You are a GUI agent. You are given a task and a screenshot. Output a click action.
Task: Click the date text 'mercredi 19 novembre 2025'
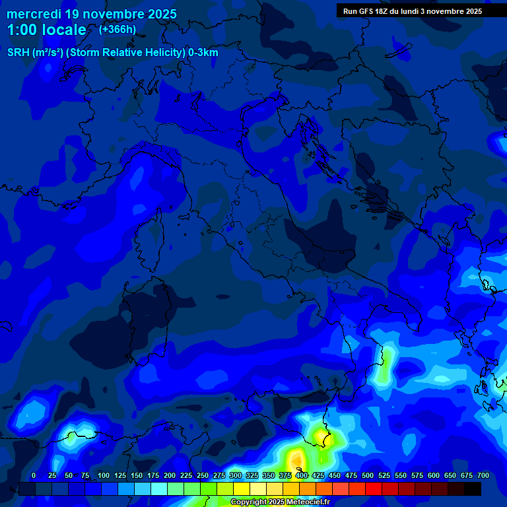[91, 14]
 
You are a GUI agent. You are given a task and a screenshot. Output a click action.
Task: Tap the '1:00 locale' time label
[46, 30]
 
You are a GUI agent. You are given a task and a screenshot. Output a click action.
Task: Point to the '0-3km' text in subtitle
[203, 53]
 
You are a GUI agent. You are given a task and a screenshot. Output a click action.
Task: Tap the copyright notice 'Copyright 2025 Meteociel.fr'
[279, 502]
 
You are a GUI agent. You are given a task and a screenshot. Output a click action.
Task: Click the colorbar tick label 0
[34, 475]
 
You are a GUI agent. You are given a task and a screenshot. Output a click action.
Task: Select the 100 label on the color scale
[104, 475]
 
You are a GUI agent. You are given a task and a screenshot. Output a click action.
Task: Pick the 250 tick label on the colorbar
[203, 475]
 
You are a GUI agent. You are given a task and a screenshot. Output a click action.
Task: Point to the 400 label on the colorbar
[302, 475]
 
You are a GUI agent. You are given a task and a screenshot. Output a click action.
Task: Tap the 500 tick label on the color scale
[368, 475]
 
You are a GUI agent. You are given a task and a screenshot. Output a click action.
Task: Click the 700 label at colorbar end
[483, 475]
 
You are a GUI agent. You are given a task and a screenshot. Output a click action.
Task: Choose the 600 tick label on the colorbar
[434, 475]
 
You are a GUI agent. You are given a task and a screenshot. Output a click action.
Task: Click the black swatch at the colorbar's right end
[473, 489]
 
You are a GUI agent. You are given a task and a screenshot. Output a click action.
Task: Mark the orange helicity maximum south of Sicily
[296, 457]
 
